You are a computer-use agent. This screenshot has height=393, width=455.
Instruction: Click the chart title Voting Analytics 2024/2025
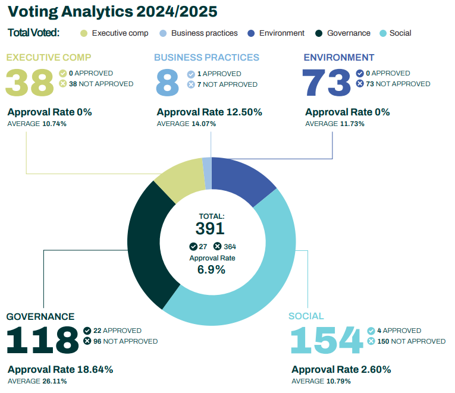112,11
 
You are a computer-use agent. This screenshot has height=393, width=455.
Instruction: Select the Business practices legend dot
162,33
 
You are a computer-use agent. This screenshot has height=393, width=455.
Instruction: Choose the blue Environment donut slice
241,178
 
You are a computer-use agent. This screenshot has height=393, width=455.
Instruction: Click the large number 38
30,83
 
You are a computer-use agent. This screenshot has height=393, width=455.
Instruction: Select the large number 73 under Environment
327,83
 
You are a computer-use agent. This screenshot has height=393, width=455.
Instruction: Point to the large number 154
326,341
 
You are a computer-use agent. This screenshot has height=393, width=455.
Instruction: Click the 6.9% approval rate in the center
211,269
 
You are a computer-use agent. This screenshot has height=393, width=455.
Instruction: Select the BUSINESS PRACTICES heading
206,58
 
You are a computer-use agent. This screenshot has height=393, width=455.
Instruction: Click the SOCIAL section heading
306,316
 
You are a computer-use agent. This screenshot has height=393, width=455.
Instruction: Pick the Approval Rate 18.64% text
60,370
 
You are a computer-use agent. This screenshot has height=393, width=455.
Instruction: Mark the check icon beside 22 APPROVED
87,331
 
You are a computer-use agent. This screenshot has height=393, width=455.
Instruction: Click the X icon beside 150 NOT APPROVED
372,341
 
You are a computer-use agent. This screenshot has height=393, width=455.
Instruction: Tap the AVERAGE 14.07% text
186,124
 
